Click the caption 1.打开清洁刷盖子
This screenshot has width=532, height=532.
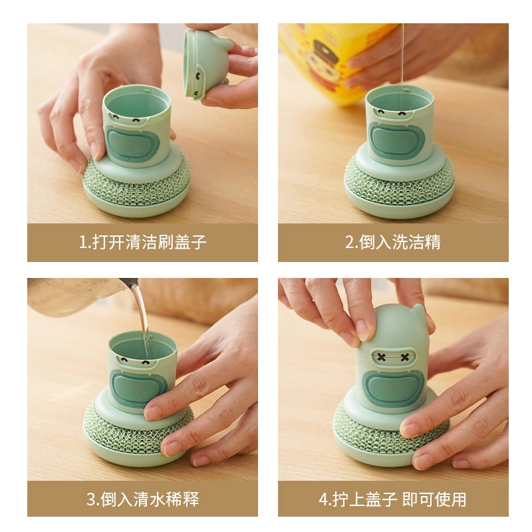tap(142, 242)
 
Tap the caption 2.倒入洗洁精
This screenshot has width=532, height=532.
tap(393, 242)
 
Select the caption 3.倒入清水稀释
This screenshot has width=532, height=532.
tap(142, 499)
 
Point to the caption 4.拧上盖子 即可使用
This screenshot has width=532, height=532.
tap(392, 499)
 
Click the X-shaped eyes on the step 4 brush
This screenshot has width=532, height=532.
tap(392, 357)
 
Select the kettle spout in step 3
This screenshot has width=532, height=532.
tap(130, 283)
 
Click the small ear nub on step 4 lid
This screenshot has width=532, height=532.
tap(419, 310)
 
